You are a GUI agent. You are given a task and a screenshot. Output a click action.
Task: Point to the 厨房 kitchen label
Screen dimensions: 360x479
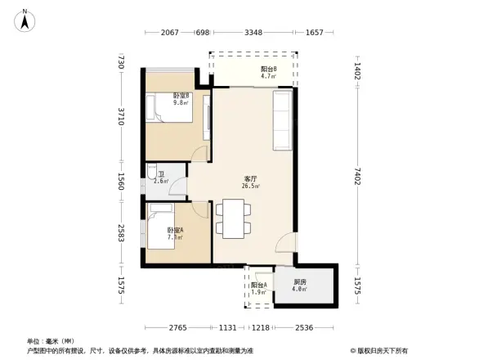pyautogui.click(x=301, y=285)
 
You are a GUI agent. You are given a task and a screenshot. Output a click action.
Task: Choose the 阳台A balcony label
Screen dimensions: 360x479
pyautogui.click(x=258, y=287)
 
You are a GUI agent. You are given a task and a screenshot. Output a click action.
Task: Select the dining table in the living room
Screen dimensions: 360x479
pyautogui.click(x=232, y=218)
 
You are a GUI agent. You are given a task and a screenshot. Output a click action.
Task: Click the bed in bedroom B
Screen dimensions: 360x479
pyautogui.click(x=170, y=111)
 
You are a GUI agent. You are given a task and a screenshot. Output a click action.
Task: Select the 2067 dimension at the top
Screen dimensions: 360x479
pyautogui.click(x=169, y=33)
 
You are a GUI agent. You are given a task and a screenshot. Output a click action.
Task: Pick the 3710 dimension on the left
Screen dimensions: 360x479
pyautogui.click(x=120, y=117)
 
